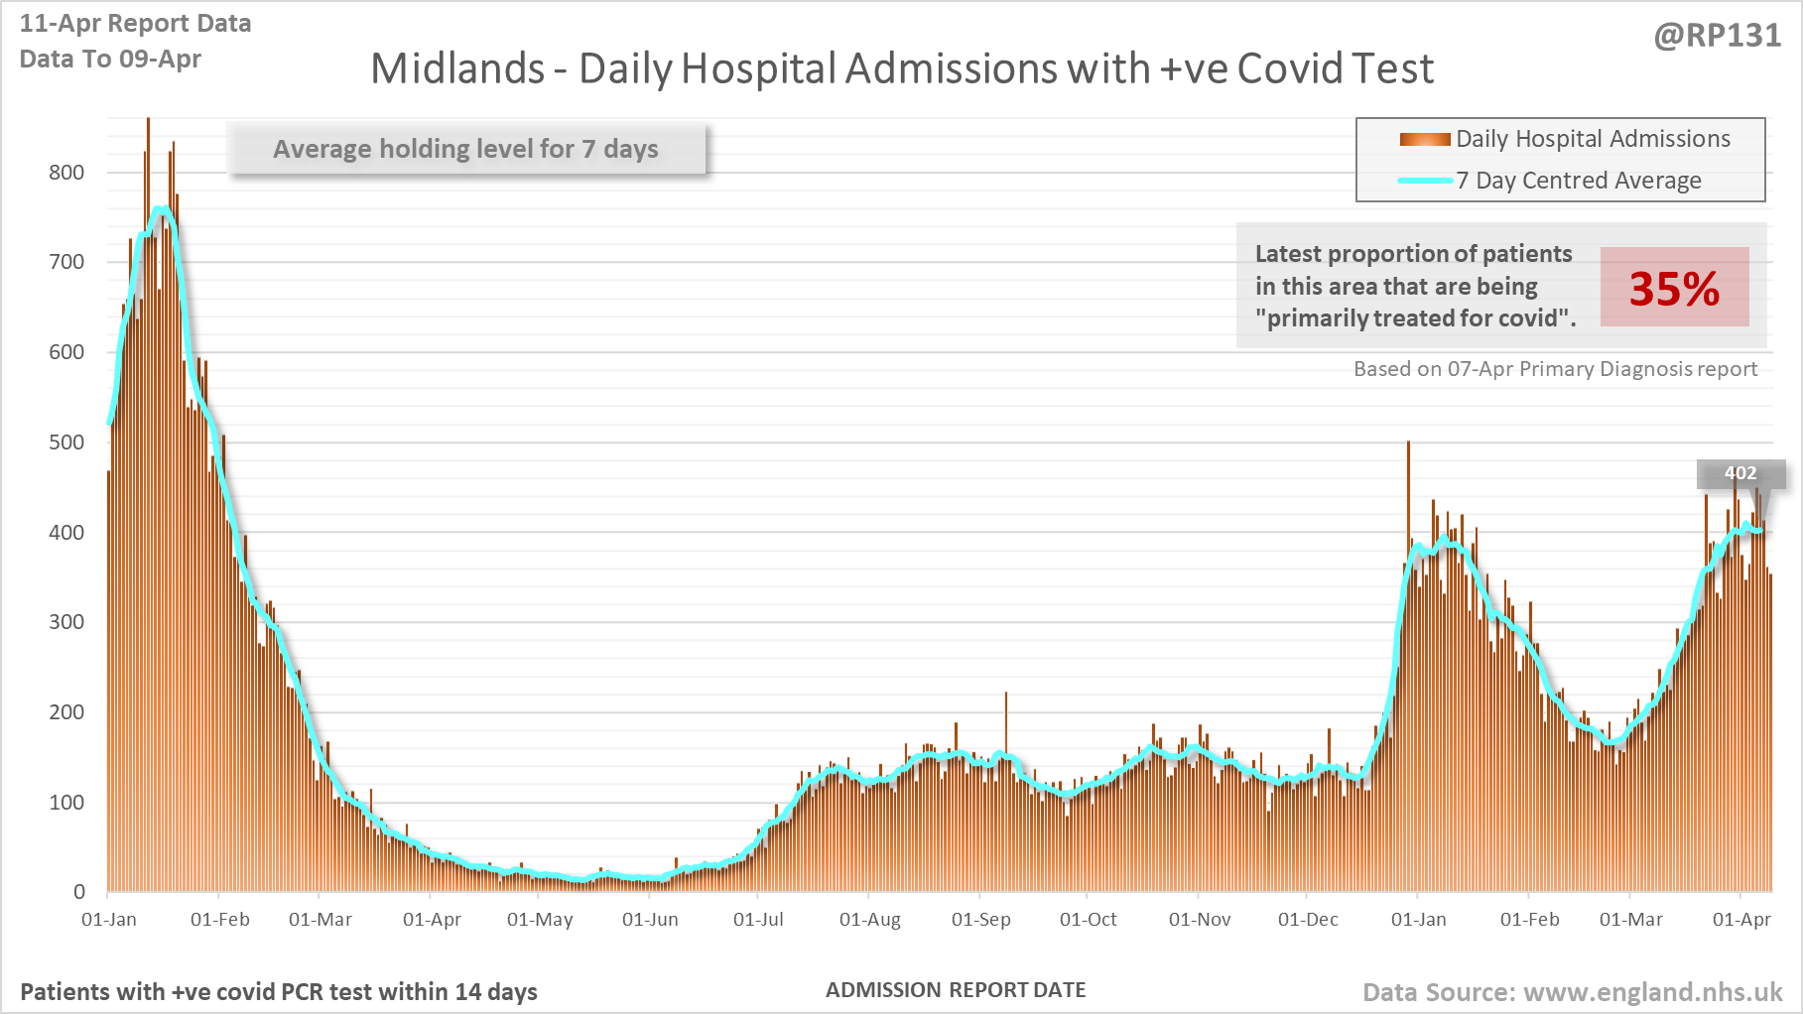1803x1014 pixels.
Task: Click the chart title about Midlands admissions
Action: click(901, 69)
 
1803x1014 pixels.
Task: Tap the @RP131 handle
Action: click(1717, 36)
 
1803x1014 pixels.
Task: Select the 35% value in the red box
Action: click(1674, 289)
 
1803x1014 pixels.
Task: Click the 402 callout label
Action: click(1739, 473)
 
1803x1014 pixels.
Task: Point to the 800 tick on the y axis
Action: click(66, 173)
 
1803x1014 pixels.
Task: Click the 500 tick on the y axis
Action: click(66, 443)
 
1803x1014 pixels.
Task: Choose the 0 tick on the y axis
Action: click(79, 892)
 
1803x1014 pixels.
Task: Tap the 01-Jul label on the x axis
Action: click(758, 920)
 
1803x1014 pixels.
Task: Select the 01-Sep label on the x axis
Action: click(980, 920)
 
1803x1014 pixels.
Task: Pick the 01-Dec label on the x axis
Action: click(1308, 920)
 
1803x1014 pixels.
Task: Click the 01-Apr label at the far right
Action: click(1741, 920)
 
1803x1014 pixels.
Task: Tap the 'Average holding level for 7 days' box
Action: click(466, 149)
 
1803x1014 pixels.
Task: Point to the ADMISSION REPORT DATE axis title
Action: click(956, 990)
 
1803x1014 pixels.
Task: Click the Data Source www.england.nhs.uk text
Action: click(1572, 992)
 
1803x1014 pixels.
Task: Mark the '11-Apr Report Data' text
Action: click(136, 24)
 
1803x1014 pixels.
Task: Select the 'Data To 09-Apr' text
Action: click(110, 60)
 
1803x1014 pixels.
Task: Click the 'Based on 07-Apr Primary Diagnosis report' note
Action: click(1555, 369)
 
